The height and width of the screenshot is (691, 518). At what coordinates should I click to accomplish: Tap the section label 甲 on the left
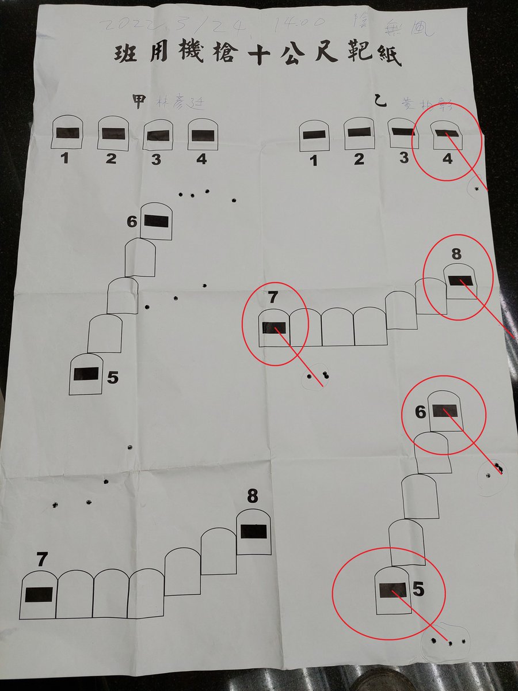[139, 101]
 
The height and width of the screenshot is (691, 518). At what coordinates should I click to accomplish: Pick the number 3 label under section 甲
[156, 160]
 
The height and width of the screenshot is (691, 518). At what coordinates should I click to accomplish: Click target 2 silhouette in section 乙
[359, 135]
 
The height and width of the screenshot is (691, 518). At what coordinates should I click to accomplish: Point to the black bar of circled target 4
[447, 134]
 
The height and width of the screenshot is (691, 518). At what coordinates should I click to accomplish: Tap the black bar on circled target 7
[274, 328]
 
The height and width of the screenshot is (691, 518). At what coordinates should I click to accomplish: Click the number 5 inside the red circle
[418, 590]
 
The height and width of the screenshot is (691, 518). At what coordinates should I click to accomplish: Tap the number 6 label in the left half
[133, 221]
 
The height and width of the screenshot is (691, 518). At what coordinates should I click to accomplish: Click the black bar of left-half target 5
[86, 374]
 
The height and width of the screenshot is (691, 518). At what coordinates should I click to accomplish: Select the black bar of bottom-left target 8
[253, 531]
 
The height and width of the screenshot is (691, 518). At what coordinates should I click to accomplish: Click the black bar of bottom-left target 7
[39, 594]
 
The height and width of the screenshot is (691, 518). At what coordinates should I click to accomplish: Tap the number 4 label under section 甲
[201, 158]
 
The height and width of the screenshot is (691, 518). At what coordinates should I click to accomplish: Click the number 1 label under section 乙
[314, 161]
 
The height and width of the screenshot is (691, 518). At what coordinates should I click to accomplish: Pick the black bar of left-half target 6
[156, 220]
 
